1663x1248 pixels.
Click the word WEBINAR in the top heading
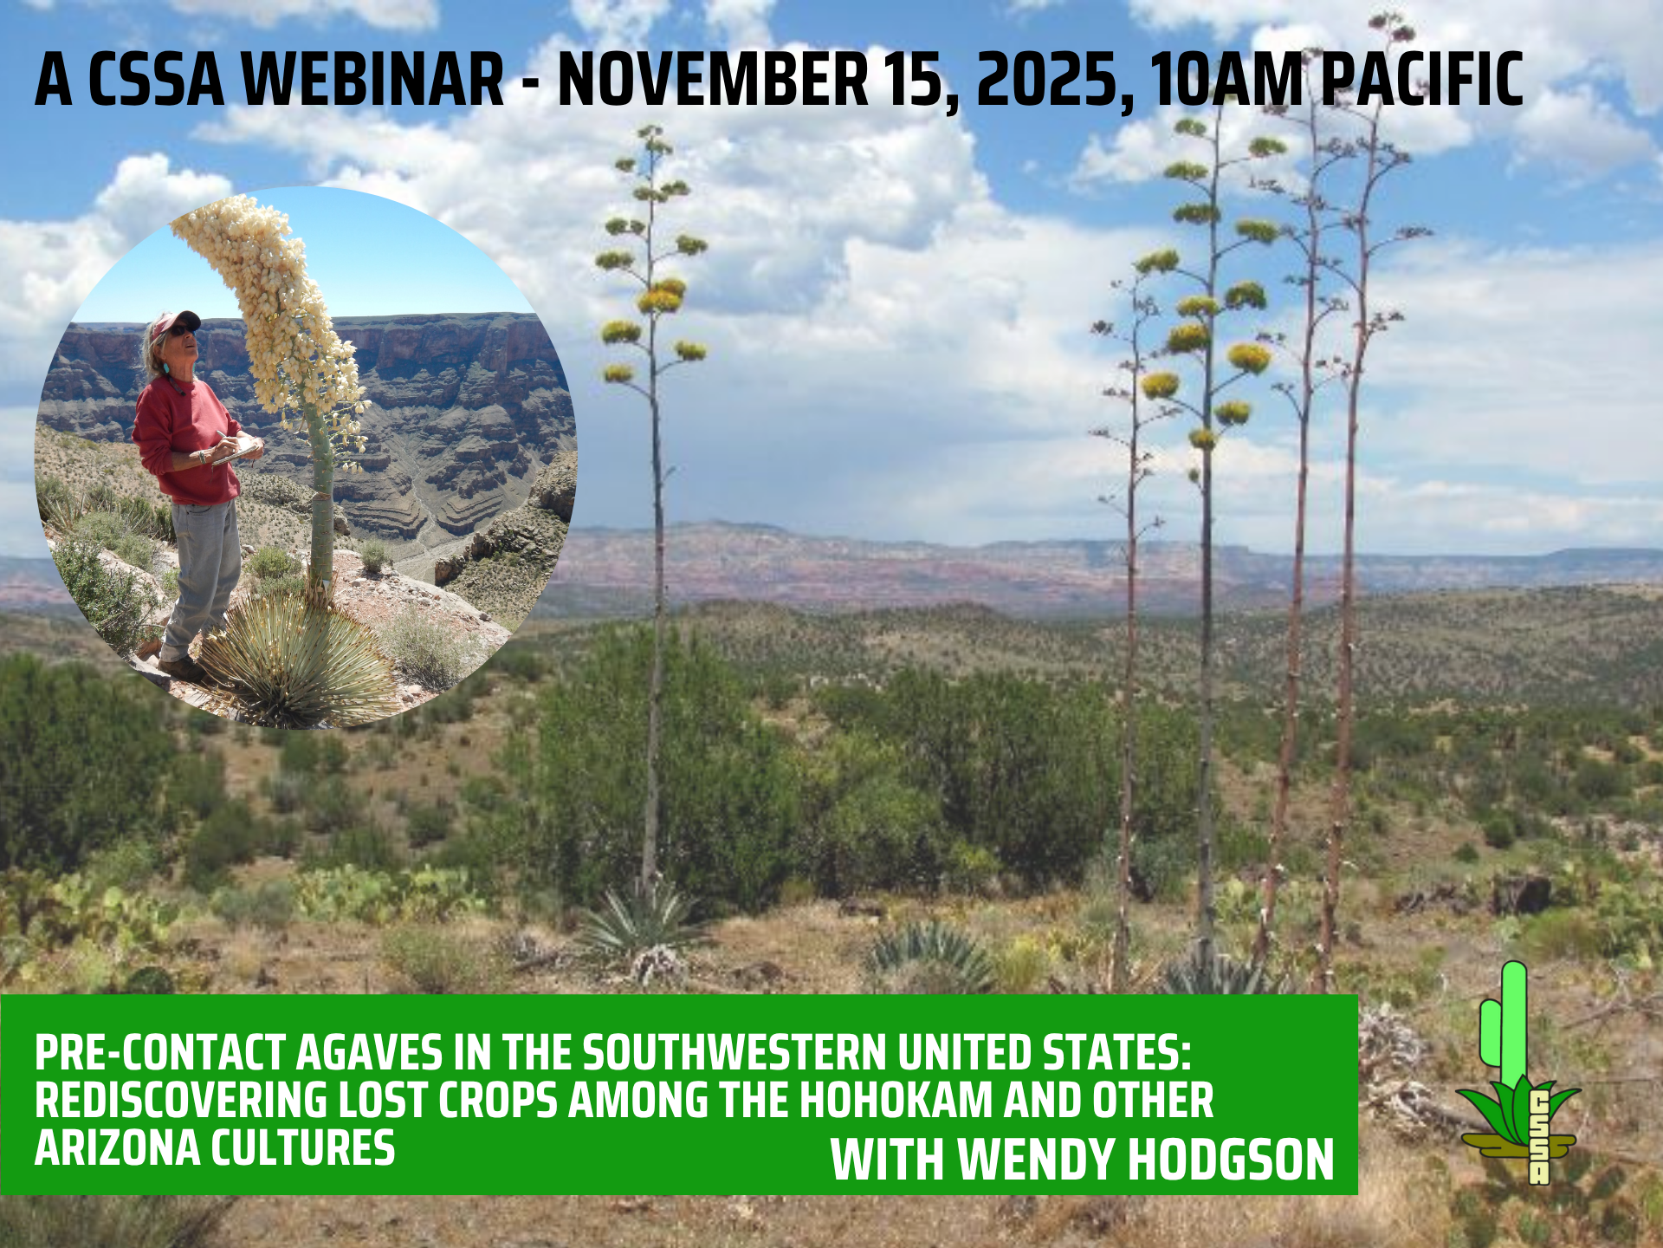pyautogui.click(x=373, y=79)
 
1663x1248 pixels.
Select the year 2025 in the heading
pyautogui.click(x=1054, y=81)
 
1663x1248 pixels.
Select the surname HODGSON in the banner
pyautogui.click(x=1231, y=1160)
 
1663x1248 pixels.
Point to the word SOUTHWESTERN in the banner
pyautogui.click(x=734, y=1054)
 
